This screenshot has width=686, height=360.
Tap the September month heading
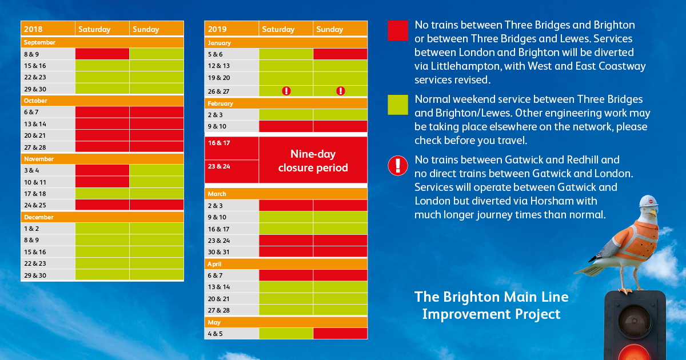39,42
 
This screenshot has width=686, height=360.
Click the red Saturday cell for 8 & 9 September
102,54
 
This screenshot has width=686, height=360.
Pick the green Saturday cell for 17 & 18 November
102,194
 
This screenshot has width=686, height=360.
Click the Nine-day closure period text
313,161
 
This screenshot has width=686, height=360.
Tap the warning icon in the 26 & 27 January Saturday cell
286,91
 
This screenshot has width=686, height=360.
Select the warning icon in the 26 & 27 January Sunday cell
341,91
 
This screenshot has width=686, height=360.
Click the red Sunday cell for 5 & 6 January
340,54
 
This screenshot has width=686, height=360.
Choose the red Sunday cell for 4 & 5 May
340,334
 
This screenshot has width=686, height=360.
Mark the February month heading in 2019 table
221,103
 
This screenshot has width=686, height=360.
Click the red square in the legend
397,30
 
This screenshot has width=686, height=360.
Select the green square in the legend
397,105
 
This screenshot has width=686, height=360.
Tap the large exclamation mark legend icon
397,165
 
